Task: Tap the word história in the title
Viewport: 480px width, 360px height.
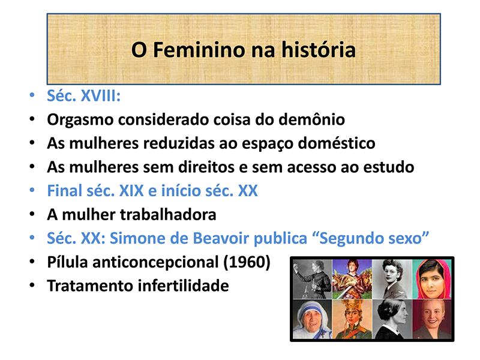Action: tap(319, 50)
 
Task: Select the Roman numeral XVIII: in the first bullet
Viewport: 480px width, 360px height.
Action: tap(101, 96)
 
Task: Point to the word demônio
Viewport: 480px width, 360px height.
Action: tap(311, 119)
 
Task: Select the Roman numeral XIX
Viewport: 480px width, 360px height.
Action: tap(131, 191)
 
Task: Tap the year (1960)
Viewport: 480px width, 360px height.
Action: tap(247, 262)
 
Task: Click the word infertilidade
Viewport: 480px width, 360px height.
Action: tap(184, 286)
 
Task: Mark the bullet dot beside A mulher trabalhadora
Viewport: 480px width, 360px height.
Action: tap(32, 214)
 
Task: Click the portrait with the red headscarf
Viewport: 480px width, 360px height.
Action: tap(431, 279)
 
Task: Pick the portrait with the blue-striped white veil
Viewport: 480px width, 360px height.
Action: tap(312, 319)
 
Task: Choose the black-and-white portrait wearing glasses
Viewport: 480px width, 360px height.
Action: tap(392, 279)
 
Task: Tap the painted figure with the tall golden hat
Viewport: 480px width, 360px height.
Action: tap(352, 319)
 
